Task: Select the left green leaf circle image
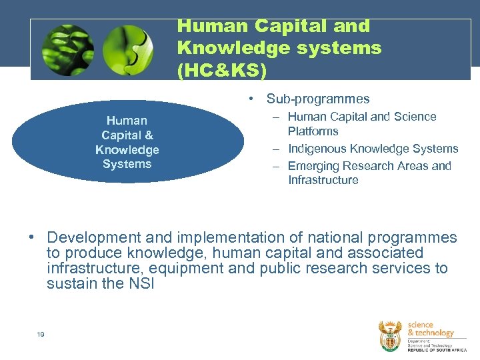pyautogui.click(x=68, y=51)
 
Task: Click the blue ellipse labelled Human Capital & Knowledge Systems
pyautogui.click(x=127, y=142)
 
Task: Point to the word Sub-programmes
pyautogui.click(x=318, y=99)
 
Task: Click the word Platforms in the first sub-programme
pyautogui.click(x=313, y=131)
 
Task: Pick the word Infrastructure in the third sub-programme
pyautogui.click(x=323, y=180)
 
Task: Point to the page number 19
pyautogui.click(x=41, y=334)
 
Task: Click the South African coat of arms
pyautogui.click(x=390, y=335)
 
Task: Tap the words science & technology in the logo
pyautogui.click(x=430, y=329)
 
